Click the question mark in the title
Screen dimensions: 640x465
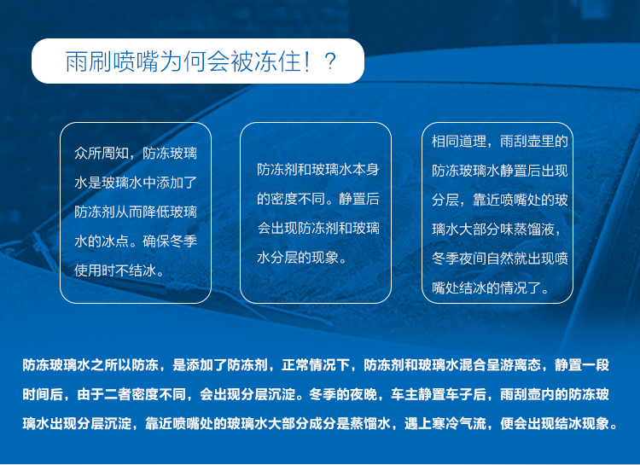tap(329, 61)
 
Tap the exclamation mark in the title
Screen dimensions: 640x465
tap(306, 61)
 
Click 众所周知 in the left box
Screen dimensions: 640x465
tap(102, 154)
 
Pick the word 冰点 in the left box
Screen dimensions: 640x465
tap(115, 241)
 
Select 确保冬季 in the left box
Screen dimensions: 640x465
tap(170, 241)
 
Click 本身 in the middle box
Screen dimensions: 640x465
tap(366, 170)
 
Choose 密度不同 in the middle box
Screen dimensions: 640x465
tap(298, 199)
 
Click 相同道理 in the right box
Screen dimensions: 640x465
tap(459, 142)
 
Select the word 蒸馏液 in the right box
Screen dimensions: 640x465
tap(534, 230)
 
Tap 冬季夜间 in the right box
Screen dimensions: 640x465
tap(459, 259)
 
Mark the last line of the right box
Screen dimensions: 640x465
tap(490, 288)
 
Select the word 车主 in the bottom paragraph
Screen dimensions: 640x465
tap(404, 394)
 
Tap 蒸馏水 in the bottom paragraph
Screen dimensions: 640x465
tap(369, 424)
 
